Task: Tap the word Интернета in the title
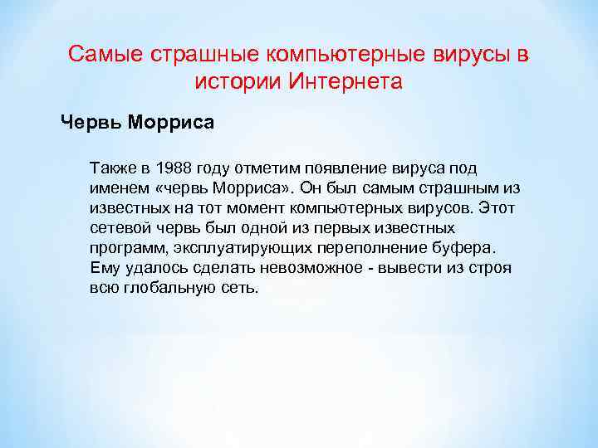[345, 82]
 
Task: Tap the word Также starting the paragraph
[115, 168]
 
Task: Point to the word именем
[117, 188]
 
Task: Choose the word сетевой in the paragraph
[118, 228]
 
